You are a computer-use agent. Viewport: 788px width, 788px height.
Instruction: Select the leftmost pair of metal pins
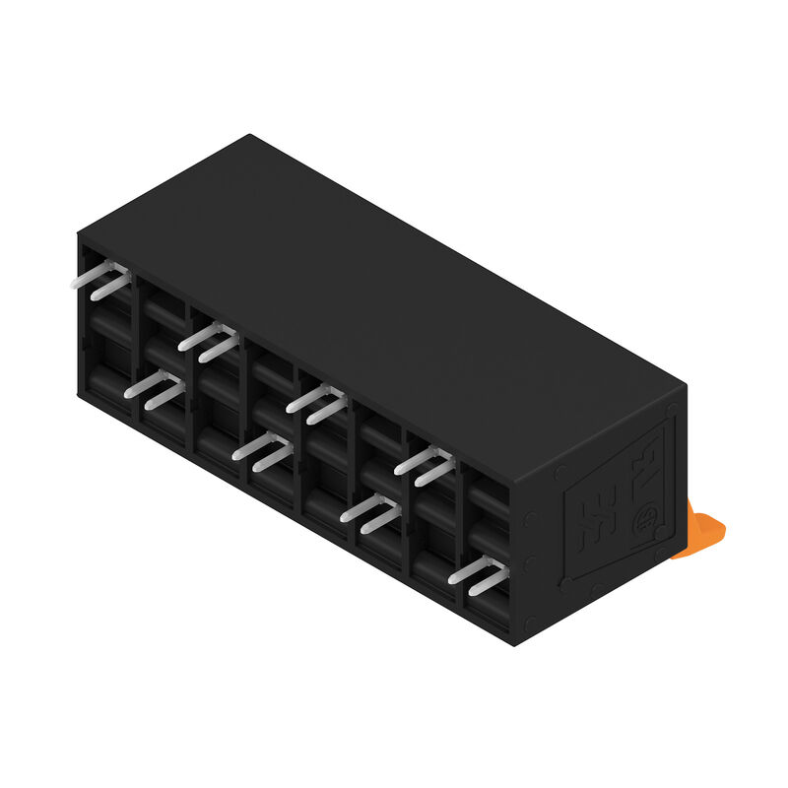click(x=101, y=283)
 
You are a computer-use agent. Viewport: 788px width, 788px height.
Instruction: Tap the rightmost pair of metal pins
click(x=478, y=574)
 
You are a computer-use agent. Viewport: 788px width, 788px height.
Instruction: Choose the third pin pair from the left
click(x=208, y=341)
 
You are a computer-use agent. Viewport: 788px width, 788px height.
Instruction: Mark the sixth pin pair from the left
click(x=370, y=512)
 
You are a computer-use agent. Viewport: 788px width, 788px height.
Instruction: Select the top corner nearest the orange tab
click(x=685, y=386)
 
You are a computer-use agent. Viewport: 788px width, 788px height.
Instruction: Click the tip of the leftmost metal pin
click(x=75, y=283)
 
